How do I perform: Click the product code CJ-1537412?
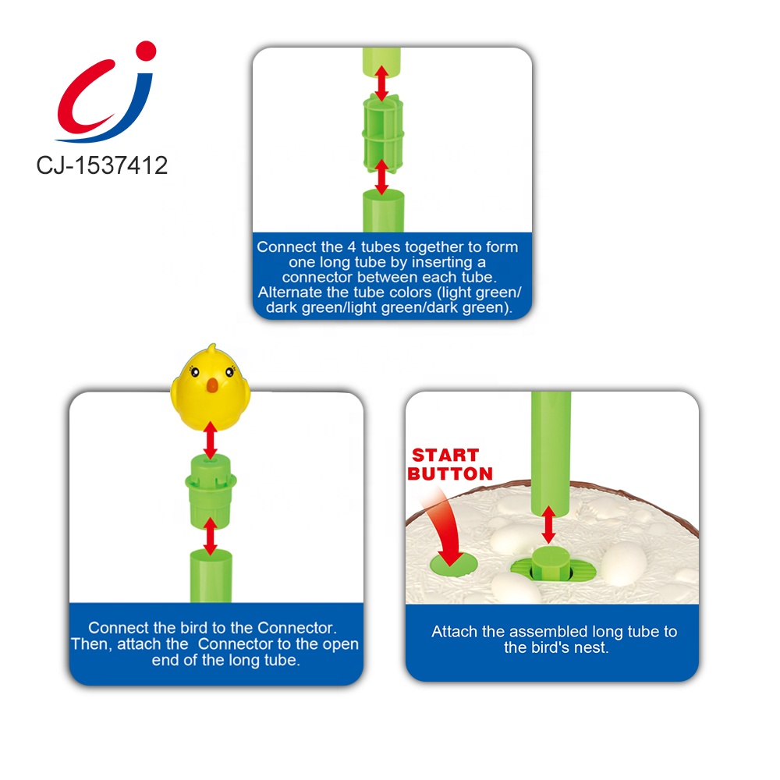[102, 165]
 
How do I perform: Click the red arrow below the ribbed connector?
[381, 178]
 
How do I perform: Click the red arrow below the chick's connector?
[210, 537]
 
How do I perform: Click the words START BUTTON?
[452, 464]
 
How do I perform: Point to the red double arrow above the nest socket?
[549, 524]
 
